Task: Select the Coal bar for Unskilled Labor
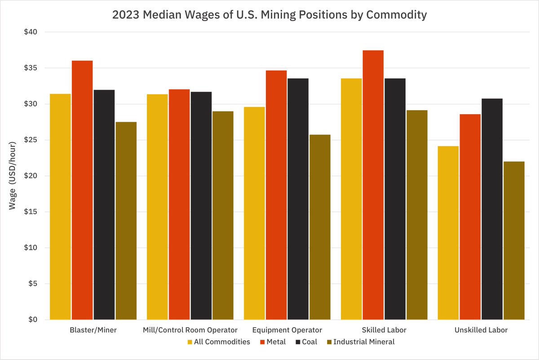492,209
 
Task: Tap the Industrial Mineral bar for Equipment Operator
320,227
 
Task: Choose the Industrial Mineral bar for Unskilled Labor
514,240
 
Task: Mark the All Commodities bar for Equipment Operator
254,213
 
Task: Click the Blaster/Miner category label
93,330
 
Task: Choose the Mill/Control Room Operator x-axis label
190,330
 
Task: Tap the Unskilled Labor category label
481,330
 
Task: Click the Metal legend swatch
262,342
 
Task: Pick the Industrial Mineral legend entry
363,342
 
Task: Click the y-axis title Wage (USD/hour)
13,175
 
